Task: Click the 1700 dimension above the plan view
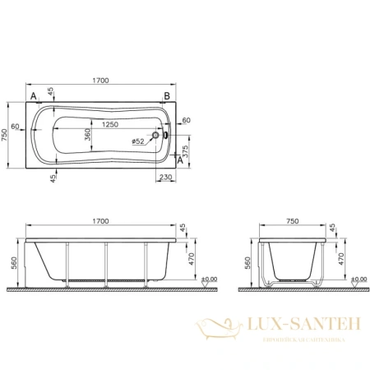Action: [101, 80]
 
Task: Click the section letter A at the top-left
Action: [34, 96]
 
